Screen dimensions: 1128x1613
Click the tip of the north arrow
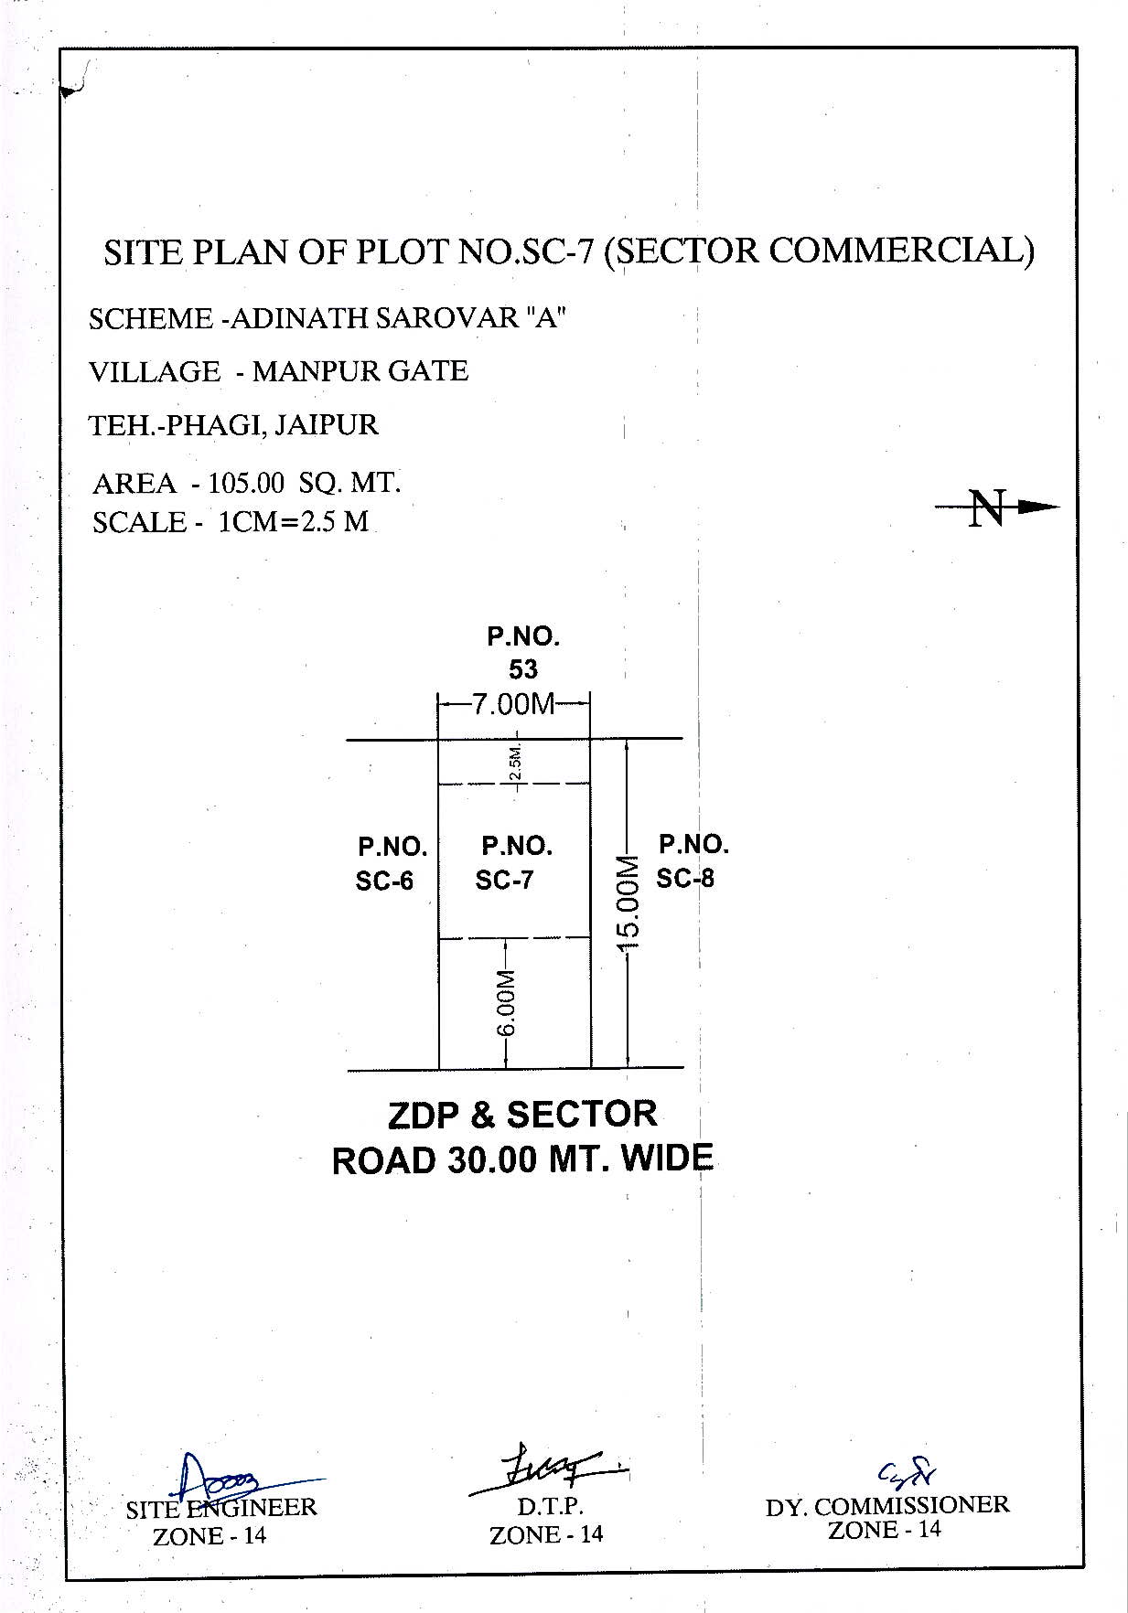1060,506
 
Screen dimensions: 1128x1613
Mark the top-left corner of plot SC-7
439,738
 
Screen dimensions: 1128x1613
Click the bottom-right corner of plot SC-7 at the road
591,1068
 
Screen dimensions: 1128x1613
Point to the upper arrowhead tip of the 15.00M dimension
627,739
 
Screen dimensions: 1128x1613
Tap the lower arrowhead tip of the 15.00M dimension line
627,1067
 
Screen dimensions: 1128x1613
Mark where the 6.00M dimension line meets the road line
506,1068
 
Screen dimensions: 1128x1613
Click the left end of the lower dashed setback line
440,938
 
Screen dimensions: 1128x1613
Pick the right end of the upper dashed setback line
590,784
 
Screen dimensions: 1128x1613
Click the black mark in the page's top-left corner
73,84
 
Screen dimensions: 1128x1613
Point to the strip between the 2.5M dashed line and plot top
515,761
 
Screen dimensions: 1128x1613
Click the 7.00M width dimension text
514,704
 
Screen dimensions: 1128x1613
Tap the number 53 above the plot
523,669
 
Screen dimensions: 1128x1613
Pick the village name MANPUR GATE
360,371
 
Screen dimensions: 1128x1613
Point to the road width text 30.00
491,1160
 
